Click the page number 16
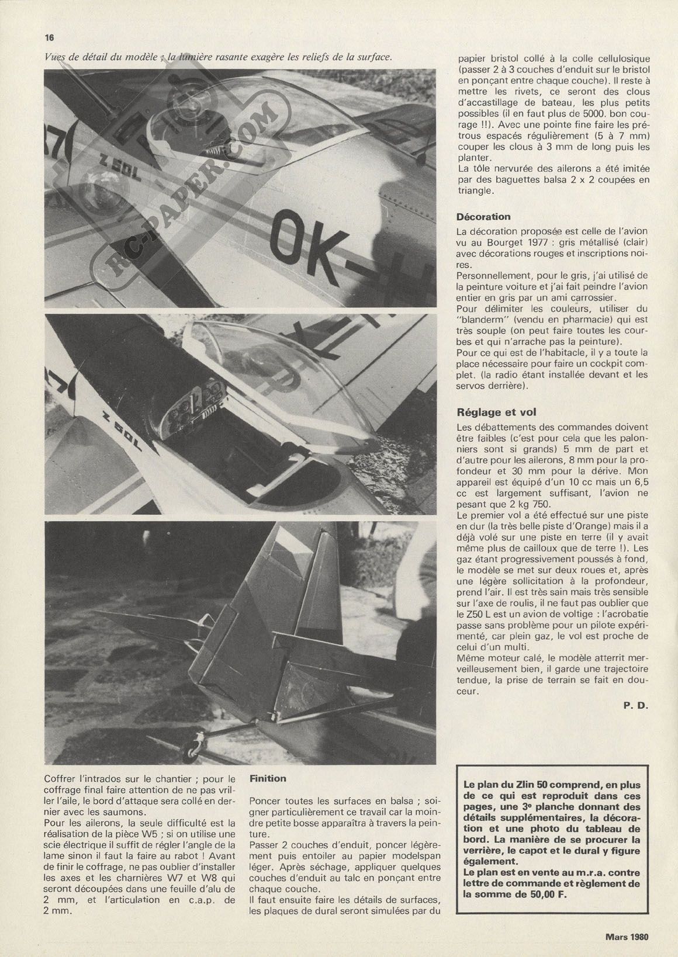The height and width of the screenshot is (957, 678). (x=49, y=37)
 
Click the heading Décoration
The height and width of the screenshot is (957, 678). (x=483, y=217)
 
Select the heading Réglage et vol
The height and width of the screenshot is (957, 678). (x=496, y=412)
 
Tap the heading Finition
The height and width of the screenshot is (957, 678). (x=268, y=778)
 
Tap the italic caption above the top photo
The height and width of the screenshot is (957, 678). (x=217, y=57)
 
